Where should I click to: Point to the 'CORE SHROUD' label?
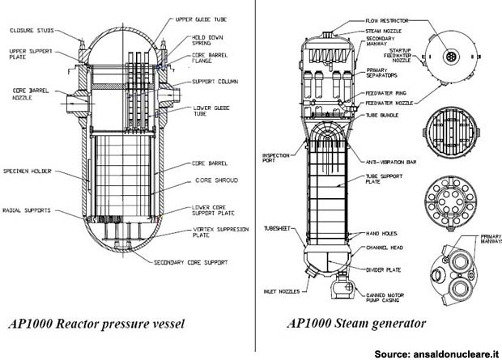(x=215, y=180)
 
